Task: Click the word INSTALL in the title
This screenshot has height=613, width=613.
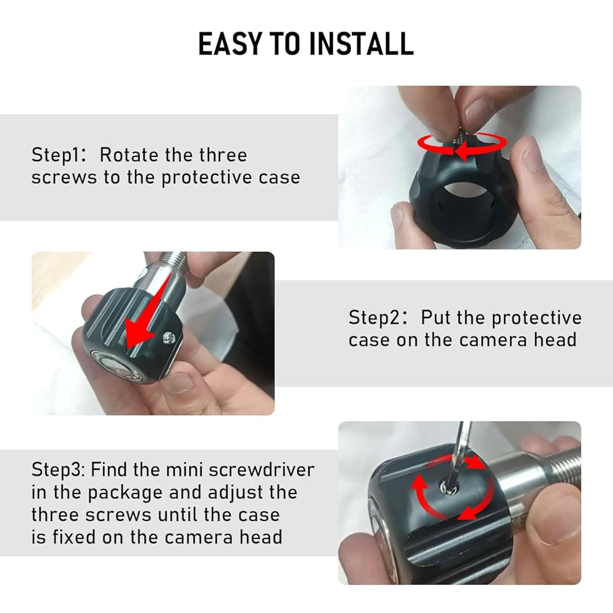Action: (361, 44)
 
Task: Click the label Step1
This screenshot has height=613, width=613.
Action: (58, 155)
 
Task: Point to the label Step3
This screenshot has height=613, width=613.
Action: (58, 470)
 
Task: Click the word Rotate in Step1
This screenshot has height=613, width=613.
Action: (129, 155)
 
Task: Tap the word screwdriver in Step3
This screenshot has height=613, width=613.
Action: (262, 470)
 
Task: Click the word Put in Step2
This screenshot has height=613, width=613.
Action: (435, 318)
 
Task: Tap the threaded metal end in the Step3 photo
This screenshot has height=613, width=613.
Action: (560, 466)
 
